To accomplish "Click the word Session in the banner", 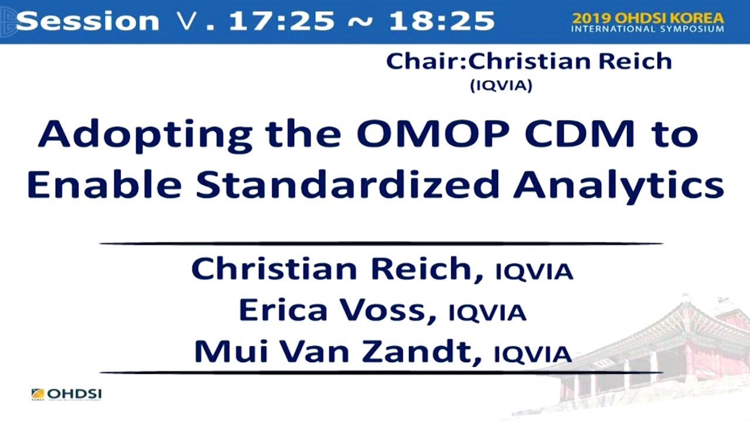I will click(87, 21).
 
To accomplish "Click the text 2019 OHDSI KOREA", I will click(647, 18).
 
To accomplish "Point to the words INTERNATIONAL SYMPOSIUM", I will click(647, 29).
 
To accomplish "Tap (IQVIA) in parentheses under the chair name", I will click(501, 86).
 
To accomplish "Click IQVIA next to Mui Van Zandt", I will click(533, 354).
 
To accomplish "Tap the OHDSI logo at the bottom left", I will click(66, 394).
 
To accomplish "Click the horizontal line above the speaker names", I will click(381, 243).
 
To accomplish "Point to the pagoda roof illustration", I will click(691, 328).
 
